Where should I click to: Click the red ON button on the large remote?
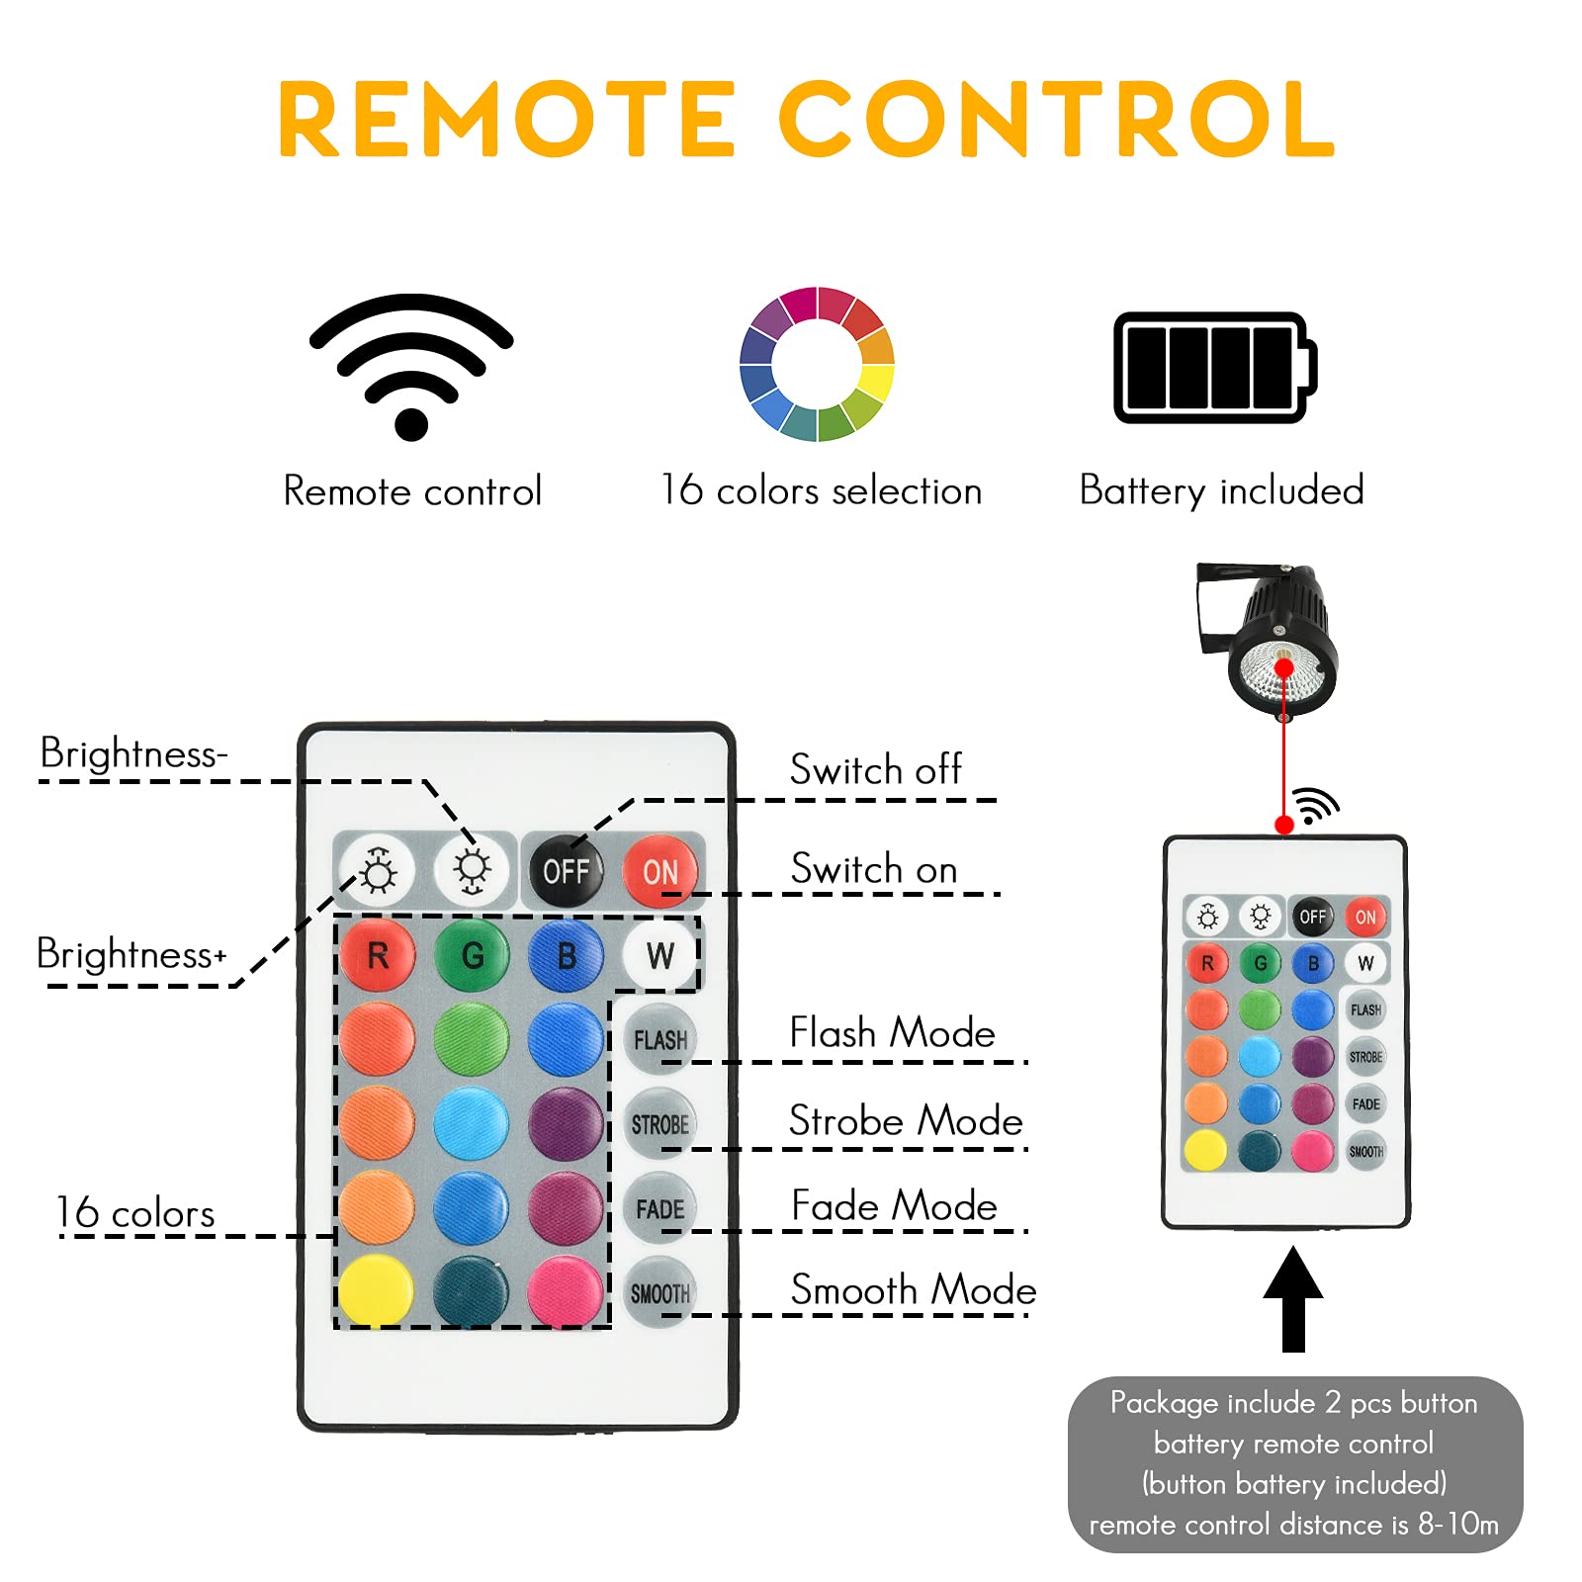pos(659,871)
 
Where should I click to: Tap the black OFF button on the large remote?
pos(566,871)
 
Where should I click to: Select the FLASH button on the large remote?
pos(659,1039)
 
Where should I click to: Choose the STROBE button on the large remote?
pos(659,1124)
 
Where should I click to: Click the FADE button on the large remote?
pos(659,1208)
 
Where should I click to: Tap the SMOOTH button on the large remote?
pos(659,1292)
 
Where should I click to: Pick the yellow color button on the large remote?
pos(376,1291)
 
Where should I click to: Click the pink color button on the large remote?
pos(566,1291)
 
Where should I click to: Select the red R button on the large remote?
pos(377,955)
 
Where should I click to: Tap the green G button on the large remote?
pos(472,955)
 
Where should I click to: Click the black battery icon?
pos(1214,368)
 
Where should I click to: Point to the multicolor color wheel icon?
pos(817,364)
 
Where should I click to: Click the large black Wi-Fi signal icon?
pos(411,366)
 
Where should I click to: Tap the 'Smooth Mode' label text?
pos(913,1290)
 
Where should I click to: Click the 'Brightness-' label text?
pos(134,754)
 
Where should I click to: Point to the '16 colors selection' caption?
pos(821,491)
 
